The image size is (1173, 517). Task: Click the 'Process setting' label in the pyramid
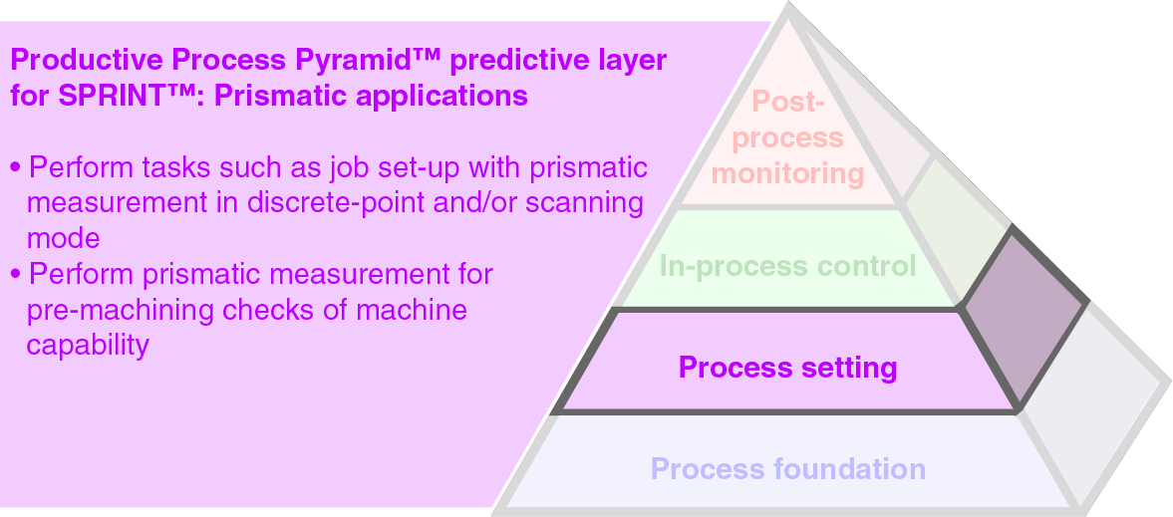787,368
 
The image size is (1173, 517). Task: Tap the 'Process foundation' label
787,468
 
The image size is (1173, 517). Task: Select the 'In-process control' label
787,266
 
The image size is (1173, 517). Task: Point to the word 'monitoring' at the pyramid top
787,173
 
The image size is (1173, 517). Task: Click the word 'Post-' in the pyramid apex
787,102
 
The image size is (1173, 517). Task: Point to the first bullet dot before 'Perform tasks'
15,167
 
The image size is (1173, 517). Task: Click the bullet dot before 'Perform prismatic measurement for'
15,274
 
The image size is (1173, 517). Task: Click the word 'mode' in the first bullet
63,239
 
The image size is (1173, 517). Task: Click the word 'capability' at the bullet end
88,346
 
